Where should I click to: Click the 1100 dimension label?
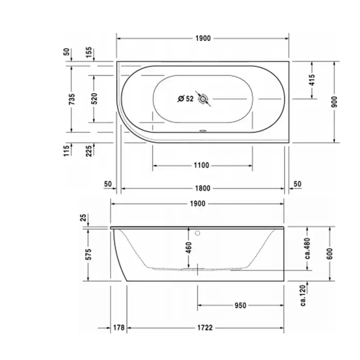point(202,165)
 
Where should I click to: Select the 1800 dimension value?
point(203,189)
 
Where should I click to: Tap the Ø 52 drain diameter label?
point(186,99)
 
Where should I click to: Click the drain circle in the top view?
point(203,99)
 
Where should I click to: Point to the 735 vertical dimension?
point(72,99)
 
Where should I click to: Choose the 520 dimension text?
point(94,99)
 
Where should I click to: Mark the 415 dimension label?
point(312,80)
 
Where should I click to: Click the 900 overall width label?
point(334,102)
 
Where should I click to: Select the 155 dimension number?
point(89,52)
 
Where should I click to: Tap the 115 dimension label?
point(66,151)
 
